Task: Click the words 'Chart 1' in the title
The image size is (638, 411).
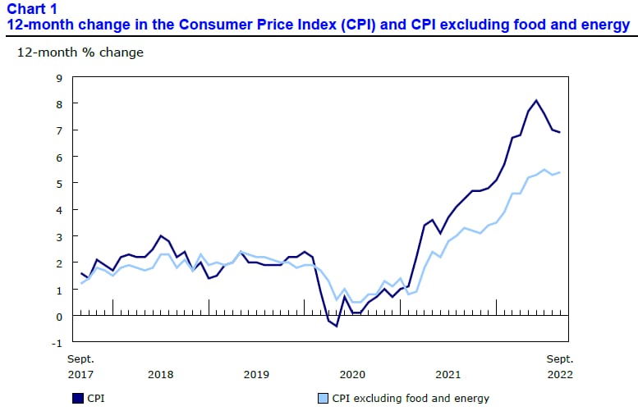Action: click(32, 8)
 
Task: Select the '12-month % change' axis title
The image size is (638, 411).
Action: click(80, 53)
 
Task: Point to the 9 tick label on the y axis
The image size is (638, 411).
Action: click(59, 78)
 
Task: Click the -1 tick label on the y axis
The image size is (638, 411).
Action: click(57, 343)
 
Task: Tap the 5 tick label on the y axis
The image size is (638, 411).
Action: click(59, 184)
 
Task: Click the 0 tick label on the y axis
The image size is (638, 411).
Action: click(59, 317)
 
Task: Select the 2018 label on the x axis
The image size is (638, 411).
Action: click(160, 374)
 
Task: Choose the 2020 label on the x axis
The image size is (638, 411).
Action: click(352, 374)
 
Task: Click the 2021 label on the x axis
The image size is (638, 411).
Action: click(448, 374)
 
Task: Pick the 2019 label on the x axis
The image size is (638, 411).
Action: click(256, 374)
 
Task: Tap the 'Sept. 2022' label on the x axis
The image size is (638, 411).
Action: click(560, 367)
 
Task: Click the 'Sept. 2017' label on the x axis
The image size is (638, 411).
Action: click(80, 367)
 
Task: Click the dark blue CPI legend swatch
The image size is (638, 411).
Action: click(78, 399)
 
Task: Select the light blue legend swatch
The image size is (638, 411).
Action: click(323, 399)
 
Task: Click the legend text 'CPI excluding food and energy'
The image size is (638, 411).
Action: click(411, 399)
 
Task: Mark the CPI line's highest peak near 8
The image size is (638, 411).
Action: click(536, 100)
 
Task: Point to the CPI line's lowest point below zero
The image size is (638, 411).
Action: click(337, 326)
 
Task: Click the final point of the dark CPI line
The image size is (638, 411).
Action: click(560, 132)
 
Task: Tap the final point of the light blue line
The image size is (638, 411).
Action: click(560, 172)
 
